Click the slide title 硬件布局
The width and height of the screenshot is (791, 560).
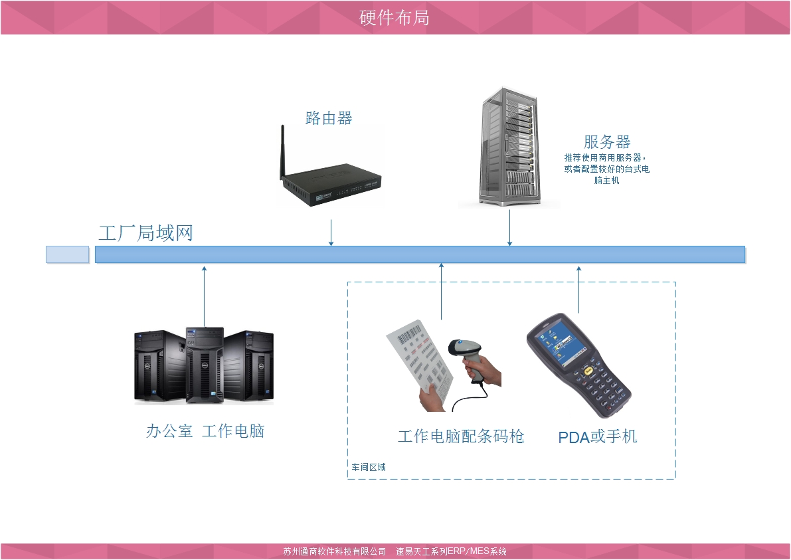coord(395,17)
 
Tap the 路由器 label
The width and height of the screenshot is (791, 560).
coord(329,118)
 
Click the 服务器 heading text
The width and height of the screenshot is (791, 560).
coord(606,141)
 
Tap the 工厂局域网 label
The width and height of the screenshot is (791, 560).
coord(145,233)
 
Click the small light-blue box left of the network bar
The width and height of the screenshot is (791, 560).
coord(67,254)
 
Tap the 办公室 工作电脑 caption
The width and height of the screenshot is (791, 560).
coord(205,431)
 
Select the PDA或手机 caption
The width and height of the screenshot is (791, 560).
coord(597,436)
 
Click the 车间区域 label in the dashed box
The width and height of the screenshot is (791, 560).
coord(369,467)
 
